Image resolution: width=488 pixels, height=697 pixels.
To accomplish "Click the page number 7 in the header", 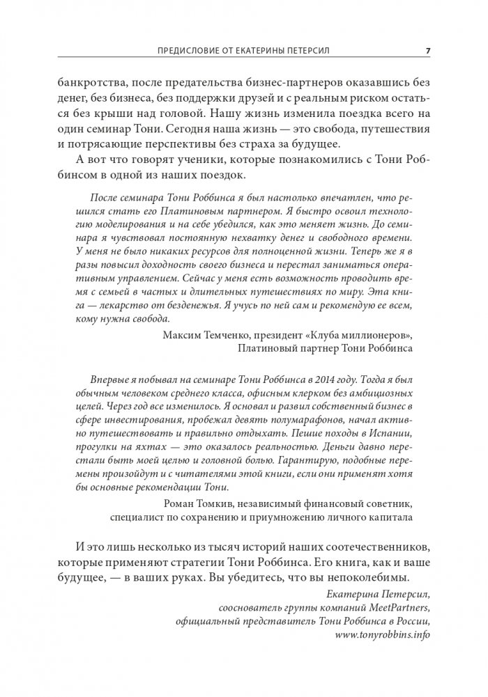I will pos(427,50).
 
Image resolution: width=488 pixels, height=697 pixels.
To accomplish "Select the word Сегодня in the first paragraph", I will pos(247,130).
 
